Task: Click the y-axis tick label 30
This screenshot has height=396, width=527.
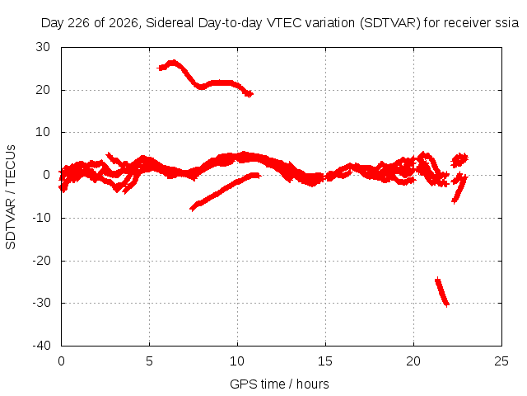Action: click(x=43, y=47)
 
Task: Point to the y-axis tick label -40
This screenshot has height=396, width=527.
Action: click(x=41, y=346)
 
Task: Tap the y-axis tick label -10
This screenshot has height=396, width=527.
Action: click(x=41, y=218)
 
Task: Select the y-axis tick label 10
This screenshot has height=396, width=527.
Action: click(x=43, y=132)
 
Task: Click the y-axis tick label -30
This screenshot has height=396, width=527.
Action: click(x=41, y=303)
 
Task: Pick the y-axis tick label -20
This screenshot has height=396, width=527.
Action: click(x=41, y=261)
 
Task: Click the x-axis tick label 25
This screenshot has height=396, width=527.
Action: click(x=501, y=361)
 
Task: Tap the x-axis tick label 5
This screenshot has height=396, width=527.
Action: click(x=149, y=361)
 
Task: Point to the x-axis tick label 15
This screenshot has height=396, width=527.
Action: click(x=325, y=361)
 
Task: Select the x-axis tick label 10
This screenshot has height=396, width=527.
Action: click(x=237, y=361)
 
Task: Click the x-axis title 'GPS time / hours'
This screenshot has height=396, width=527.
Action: click(x=279, y=384)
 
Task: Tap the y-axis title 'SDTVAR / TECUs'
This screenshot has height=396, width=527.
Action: click(x=11, y=197)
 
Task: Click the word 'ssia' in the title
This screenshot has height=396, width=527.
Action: click(x=507, y=23)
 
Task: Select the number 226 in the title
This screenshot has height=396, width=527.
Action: click(x=79, y=23)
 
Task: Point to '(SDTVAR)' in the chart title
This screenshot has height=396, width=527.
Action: click(x=389, y=23)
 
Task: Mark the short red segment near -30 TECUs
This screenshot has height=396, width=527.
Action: click(x=442, y=292)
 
